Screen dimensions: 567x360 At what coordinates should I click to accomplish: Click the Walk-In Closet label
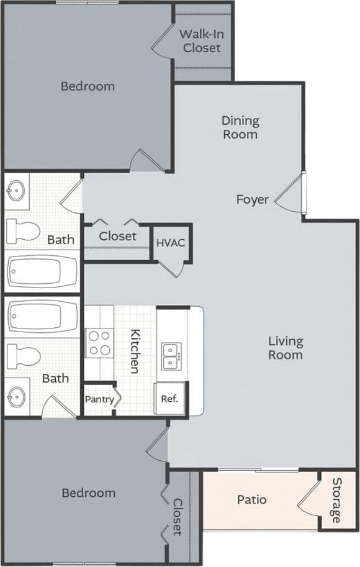[201, 41]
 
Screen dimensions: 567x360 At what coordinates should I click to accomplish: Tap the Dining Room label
[240, 127]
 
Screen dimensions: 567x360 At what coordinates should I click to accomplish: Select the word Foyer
[253, 199]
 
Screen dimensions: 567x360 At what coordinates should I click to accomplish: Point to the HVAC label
[170, 242]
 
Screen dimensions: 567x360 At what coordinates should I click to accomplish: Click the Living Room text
[286, 348]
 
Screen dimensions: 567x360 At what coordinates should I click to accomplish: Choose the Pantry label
[100, 399]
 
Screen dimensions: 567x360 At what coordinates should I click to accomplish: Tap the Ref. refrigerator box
[169, 399]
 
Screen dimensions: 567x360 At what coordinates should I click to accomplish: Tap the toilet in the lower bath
[24, 356]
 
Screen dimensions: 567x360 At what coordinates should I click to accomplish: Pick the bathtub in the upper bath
[42, 271]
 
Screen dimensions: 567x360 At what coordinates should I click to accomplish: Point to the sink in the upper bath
[17, 191]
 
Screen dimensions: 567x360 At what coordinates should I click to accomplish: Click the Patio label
[252, 499]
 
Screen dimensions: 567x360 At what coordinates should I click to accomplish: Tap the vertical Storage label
[336, 501]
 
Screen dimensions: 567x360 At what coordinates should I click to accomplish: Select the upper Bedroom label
[88, 86]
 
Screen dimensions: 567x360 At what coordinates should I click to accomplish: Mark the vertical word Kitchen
[134, 351]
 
